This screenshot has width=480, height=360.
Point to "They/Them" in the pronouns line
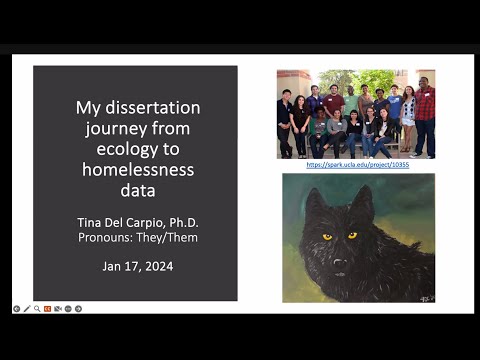170,237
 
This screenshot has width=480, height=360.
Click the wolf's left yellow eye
325,236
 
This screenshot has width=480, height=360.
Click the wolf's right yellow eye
351,236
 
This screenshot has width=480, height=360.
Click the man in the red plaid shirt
424,110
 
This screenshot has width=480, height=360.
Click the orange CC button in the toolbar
47,308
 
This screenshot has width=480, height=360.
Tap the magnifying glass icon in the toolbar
37,308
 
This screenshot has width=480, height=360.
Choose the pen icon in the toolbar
27,308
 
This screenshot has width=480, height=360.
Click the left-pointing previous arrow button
17,308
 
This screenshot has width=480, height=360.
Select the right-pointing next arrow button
78,308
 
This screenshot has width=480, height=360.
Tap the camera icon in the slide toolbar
58,308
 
